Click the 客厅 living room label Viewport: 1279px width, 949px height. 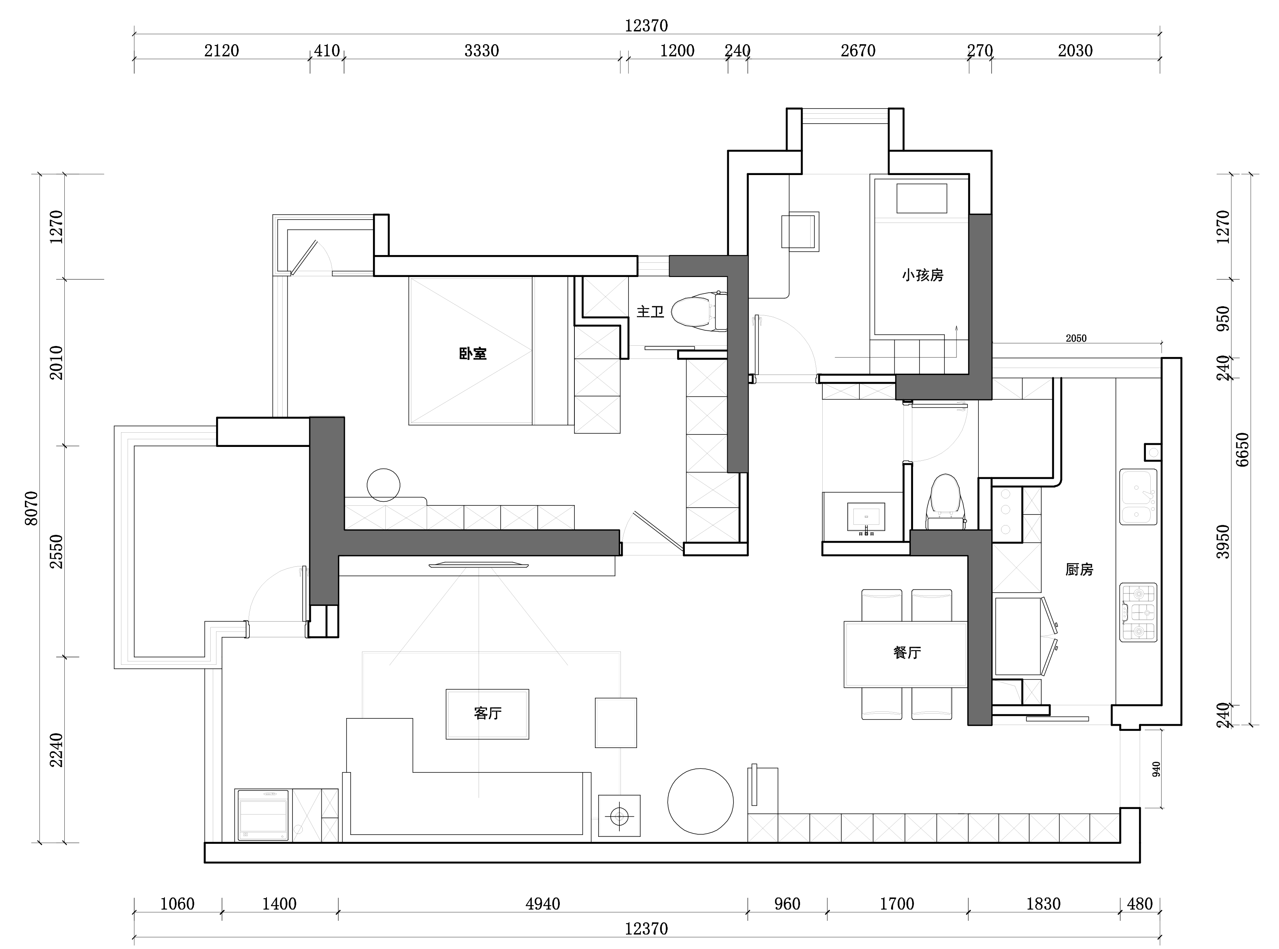click(x=487, y=713)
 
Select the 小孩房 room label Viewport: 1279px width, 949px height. click(x=922, y=275)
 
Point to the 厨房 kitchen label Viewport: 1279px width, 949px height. click(x=1079, y=569)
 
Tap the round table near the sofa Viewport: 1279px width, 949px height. click(x=700, y=801)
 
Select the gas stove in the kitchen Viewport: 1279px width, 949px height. click(x=1138, y=612)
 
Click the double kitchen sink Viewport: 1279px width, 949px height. click(x=1138, y=497)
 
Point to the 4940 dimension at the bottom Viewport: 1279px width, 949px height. click(x=542, y=904)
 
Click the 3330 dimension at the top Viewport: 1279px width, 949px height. click(x=481, y=50)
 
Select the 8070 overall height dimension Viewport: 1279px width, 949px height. click(x=31, y=508)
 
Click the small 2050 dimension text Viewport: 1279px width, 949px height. click(x=1076, y=338)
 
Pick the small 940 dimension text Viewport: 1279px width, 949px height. click(x=1156, y=769)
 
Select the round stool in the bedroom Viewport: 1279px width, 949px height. click(x=384, y=485)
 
